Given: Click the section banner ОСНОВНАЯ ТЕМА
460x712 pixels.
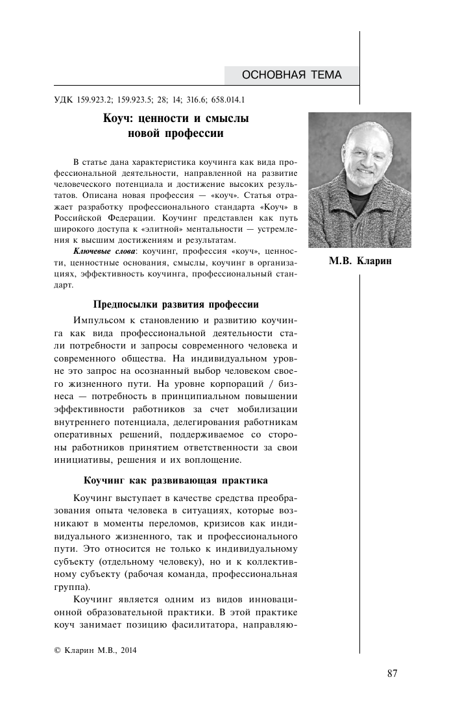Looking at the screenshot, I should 291,75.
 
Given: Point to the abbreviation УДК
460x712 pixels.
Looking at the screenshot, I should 61,100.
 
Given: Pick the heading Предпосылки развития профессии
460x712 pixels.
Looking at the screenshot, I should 176,304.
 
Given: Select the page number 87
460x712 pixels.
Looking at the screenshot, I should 392,672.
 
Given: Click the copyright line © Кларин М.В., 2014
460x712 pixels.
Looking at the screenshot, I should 95,649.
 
